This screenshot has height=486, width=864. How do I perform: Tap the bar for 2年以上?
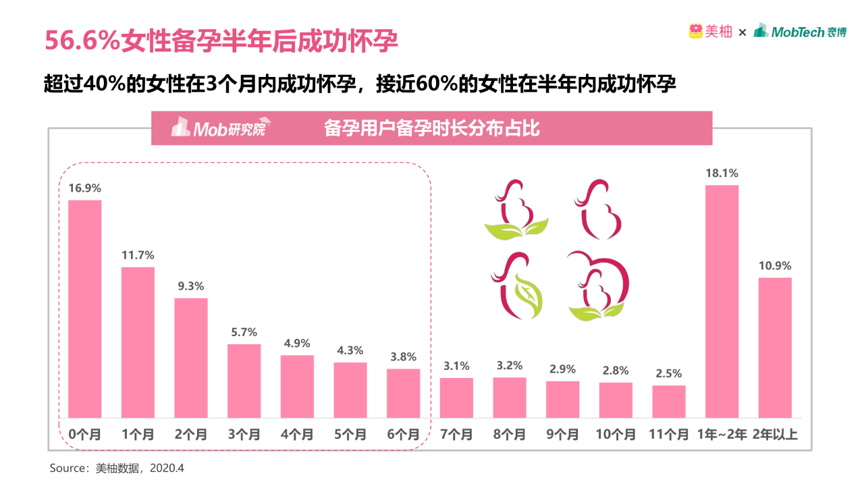[x=775, y=348]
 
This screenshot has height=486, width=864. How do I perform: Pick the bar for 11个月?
[x=669, y=402]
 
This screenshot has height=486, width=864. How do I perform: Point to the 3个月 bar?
[x=244, y=381]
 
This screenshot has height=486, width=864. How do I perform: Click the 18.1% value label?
[x=722, y=173]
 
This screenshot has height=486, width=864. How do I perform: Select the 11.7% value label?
[x=138, y=255]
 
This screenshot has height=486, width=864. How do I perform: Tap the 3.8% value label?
[x=403, y=357]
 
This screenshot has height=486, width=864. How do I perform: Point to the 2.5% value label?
[x=668, y=373]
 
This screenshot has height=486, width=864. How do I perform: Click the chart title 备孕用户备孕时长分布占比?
[x=432, y=128]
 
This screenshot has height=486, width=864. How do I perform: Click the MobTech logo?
[x=800, y=31]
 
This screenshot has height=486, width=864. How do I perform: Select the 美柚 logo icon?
[x=696, y=31]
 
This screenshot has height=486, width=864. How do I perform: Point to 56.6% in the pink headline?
[x=82, y=41]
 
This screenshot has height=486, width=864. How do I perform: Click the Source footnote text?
[x=117, y=467]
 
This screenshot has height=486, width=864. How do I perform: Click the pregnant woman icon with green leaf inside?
[x=518, y=285]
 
